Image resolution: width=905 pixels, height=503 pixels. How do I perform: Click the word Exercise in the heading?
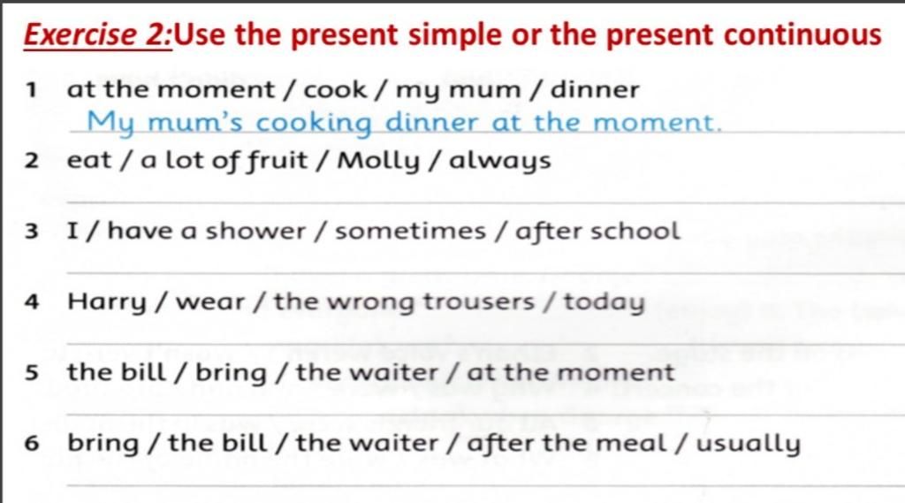coord(80,34)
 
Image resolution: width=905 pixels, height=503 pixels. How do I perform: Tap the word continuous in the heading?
coord(802,34)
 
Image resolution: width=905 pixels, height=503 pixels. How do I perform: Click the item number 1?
coord(31,90)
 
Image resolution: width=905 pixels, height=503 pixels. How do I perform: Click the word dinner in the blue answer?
coord(431,122)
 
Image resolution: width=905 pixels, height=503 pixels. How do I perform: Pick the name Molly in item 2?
coord(378,162)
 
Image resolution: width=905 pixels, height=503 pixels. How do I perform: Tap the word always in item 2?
coord(500,162)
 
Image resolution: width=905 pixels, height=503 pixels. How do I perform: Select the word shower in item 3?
coord(255,231)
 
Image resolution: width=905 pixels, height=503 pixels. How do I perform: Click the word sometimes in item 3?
coord(410,232)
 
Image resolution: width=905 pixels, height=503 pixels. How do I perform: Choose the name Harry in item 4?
coord(107,302)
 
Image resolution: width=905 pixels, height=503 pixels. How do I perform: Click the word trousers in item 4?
coord(478,302)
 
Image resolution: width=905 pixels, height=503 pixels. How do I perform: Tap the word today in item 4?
coord(604,302)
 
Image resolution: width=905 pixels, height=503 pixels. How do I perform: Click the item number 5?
coord(31,373)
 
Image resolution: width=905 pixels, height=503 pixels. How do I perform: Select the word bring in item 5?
coord(231,373)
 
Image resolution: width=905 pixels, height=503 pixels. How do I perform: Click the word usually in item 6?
coord(748,444)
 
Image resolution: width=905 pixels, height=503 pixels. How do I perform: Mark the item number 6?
coord(31,444)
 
